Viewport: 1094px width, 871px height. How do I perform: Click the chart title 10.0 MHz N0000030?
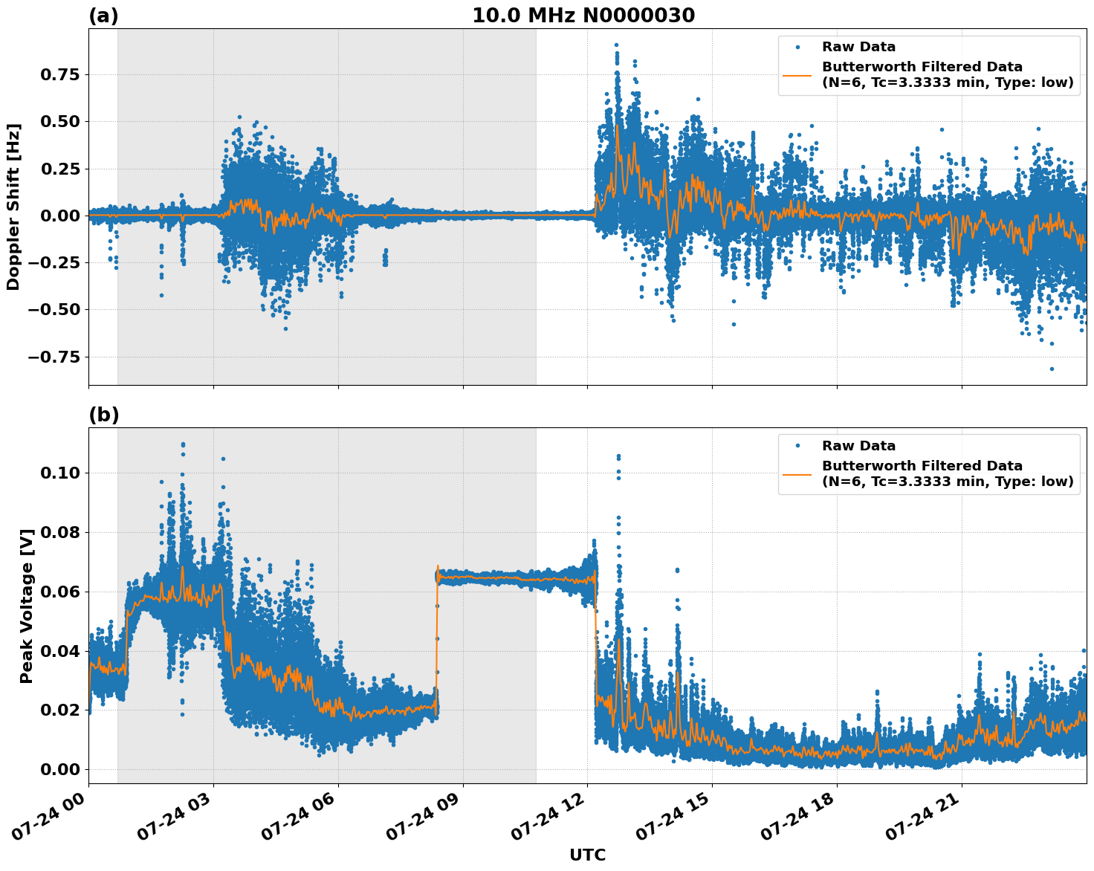583,16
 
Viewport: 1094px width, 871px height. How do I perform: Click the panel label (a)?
103,16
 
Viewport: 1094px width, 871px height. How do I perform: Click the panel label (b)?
103,415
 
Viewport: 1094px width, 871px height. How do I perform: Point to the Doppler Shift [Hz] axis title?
13,207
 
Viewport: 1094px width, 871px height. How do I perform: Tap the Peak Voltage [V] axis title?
27,606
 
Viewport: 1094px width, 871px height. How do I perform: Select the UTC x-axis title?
587,855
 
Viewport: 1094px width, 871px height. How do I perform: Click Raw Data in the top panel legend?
858,47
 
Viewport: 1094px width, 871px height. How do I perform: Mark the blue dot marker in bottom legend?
797,446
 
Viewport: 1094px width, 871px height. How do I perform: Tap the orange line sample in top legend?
797,74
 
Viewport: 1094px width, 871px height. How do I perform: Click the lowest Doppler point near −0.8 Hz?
1052,369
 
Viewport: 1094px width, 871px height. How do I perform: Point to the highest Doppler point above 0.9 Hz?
616,45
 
